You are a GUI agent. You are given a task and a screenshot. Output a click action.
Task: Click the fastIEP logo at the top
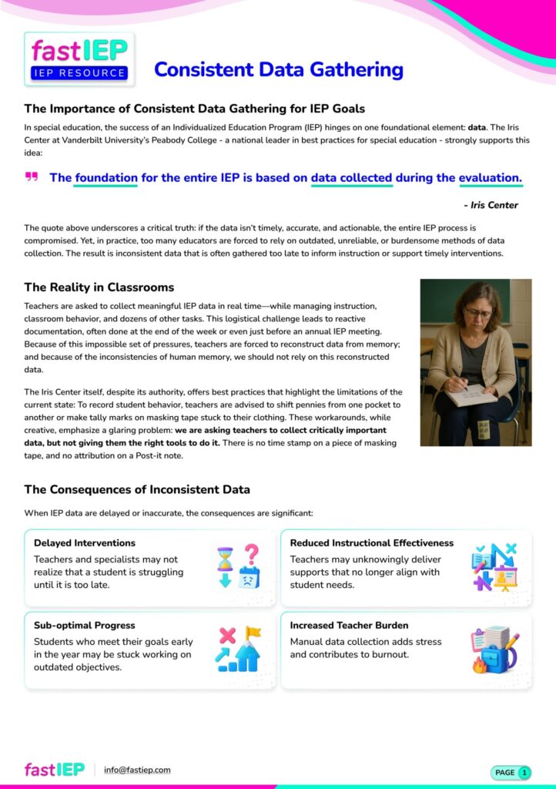coord(79,59)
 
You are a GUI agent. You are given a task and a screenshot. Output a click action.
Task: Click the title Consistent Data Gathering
coord(278,70)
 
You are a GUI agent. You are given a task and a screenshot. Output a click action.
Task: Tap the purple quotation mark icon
coord(32,178)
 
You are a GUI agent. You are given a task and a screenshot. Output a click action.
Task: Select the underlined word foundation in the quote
coord(106,178)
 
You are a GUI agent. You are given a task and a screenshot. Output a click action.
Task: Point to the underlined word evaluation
coord(490,178)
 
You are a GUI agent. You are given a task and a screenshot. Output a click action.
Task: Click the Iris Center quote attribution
coord(491,205)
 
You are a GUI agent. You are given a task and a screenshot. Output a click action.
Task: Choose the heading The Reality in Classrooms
coord(99,287)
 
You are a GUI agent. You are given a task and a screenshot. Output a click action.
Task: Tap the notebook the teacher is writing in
coord(471,394)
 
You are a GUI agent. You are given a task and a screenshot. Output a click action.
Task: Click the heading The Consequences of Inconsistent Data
coord(137,489)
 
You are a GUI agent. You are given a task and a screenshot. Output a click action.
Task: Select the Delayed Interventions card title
coord(85,543)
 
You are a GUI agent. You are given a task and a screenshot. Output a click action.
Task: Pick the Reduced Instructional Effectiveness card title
coord(372,543)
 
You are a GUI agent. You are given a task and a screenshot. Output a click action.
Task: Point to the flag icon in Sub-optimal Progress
coord(252,635)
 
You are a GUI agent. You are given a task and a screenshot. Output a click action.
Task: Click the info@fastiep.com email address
coord(137,770)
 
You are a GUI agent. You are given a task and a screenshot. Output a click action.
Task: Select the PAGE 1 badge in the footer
coord(511,772)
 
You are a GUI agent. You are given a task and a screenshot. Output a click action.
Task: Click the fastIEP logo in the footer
coord(55,770)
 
